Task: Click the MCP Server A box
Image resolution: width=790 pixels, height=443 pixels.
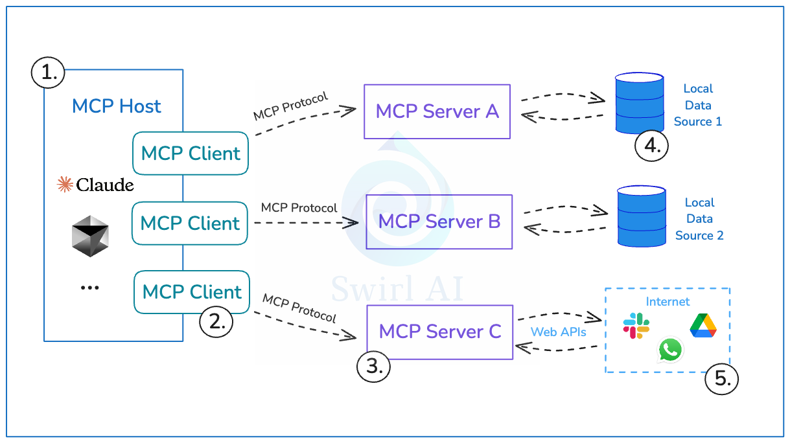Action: pos(437,111)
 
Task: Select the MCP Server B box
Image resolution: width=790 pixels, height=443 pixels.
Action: pos(439,221)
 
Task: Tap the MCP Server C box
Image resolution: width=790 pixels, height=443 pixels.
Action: pos(439,332)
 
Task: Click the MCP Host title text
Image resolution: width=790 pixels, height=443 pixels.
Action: pos(117,106)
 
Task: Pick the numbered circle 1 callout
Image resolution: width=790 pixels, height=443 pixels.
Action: pos(48,73)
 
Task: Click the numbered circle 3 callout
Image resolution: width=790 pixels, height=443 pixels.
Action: pos(374,366)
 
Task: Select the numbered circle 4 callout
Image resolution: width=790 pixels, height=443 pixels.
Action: pos(651,145)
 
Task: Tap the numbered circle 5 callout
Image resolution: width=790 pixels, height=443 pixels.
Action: pos(721,379)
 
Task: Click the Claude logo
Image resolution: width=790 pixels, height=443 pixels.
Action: pos(95,185)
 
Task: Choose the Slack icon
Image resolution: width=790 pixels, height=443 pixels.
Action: pos(636,326)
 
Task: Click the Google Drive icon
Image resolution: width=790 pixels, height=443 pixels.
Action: pos(703,325)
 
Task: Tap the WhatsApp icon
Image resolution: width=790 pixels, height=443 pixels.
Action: pos(670,350)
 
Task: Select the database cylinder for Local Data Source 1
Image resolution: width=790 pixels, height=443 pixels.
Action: pos(639,102)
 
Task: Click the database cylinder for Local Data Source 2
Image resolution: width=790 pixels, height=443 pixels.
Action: pos(641,216)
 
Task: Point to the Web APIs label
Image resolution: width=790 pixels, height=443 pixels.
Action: pos(558,332)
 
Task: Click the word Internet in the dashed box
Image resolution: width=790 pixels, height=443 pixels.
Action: pos(668,302)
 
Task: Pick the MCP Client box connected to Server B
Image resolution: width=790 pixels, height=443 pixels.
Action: pos(190,223)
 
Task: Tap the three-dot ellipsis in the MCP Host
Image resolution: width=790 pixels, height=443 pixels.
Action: pos(89,288)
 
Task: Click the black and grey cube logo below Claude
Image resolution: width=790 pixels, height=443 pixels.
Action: pos(90,236)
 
